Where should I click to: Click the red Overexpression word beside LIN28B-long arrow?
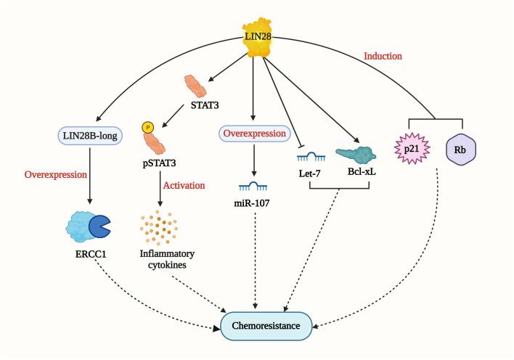point(55,175)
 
